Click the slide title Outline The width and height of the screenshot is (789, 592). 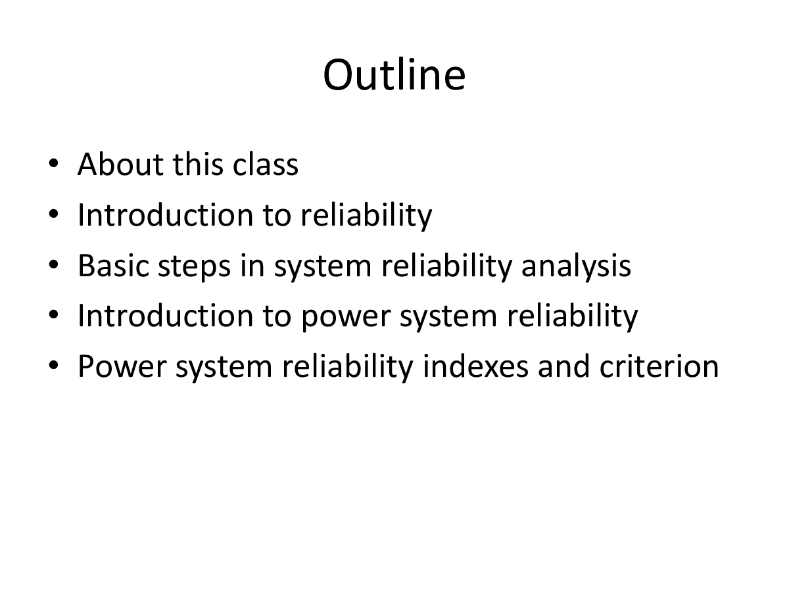(x=394, y=75)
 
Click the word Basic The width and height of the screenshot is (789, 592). (x=116, y=266)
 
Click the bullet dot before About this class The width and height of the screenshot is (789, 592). (x=54, y=164)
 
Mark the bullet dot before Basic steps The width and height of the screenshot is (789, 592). (x=54, y=265)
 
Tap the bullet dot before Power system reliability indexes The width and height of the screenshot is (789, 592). (x=54, y=366)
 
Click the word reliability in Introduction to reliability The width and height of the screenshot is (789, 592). (x=366, y=215)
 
